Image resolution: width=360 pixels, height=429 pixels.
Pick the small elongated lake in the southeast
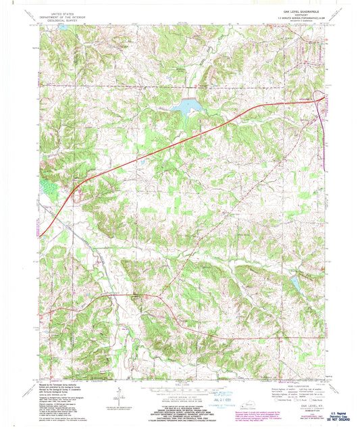(x=295, y=284)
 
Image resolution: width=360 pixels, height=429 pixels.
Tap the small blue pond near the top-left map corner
(x=63, y=29)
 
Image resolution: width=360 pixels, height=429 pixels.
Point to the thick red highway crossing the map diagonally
(x=169, y=141)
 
